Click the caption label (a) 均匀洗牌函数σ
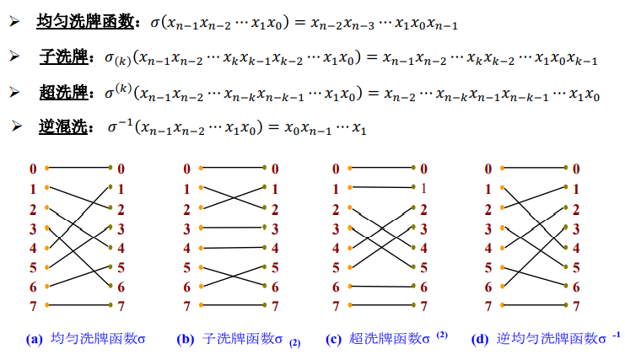87,339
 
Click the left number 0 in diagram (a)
33,169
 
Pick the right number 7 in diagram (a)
121,306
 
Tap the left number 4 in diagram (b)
186,248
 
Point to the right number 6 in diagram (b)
276,287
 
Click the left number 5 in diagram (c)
336,267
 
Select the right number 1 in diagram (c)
424,189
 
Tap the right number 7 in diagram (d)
576,306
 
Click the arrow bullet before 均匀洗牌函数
14,22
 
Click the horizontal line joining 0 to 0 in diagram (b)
231,168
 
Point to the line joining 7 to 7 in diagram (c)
380,304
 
